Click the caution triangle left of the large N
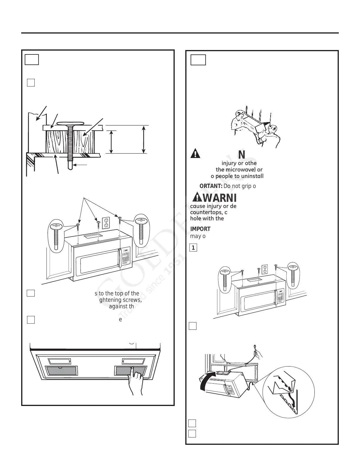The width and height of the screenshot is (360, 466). [195, 154]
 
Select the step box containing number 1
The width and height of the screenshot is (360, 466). [193, 248]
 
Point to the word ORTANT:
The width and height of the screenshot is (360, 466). [211, 186]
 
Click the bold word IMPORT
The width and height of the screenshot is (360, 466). [200, 229]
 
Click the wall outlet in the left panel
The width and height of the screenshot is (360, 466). [106, 223]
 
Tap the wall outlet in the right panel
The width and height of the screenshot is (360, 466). [265, 269]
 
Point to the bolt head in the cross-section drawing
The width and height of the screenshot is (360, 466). [71, 123]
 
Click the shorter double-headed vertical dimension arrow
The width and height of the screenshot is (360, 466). [111, 142]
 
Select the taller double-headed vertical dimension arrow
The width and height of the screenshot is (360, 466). [144, 139]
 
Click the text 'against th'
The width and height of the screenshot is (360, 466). [121, 306]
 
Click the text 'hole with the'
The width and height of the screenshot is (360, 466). [207, 219]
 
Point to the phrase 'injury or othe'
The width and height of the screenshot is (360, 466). [239, 163]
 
